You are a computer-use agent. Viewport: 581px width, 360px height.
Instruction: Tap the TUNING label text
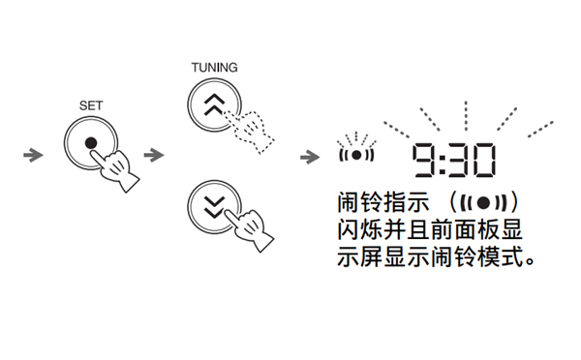point(213,67)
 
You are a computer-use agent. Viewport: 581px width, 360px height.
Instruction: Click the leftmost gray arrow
point(33,155)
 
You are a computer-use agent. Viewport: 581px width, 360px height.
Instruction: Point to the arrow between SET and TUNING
point(153,155)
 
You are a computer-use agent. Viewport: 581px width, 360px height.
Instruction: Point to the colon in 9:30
point(441,161)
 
